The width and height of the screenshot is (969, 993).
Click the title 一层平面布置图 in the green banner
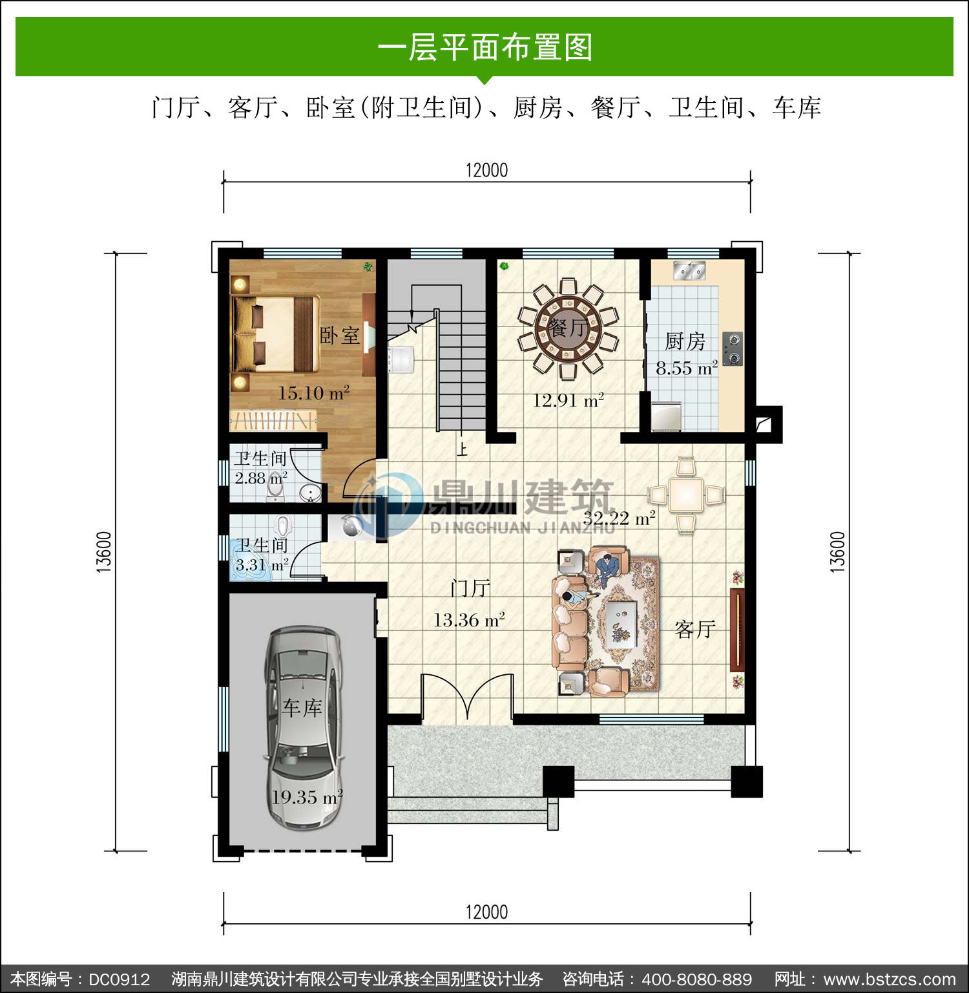click(x=484, y=47)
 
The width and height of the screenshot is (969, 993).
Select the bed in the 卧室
click(x=276, y=334)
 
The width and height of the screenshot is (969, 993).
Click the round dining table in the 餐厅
click(x=568, y=328)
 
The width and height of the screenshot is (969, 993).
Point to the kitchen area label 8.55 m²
click(x=687, y=368)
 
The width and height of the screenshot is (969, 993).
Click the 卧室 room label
click(x=340, y=336)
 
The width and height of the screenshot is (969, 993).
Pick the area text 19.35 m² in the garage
click(x=306, y=797)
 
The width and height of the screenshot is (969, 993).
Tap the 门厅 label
click(x=470, y=588)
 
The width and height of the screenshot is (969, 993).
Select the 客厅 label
click(x=695, y=629)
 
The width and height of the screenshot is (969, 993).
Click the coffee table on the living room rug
click(x=621, y=624)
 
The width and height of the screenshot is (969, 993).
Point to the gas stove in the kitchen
click(x=733, y=349)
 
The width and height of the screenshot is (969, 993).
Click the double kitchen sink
click(x=689, y=270)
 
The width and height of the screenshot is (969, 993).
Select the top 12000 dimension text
click(x=486, y=170)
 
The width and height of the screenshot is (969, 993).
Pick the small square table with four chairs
click(x=685, y=495)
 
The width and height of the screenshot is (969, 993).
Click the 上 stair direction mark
click(x=462, y=448)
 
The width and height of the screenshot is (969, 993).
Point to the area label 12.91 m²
click(x=568, y=400)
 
